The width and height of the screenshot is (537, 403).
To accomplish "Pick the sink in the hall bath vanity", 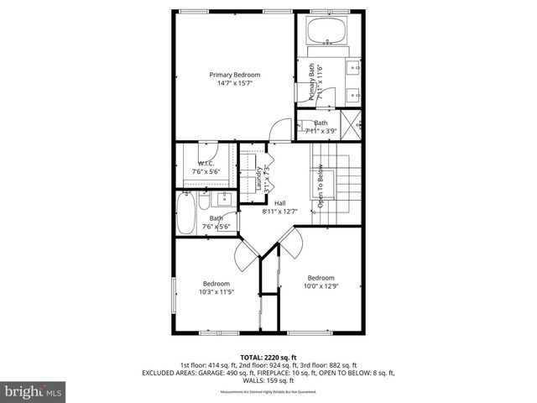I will click(224, 198).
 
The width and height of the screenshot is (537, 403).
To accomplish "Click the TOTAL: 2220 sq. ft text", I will click(268, 357).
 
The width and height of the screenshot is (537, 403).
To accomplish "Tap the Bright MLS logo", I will click(33, 391).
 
